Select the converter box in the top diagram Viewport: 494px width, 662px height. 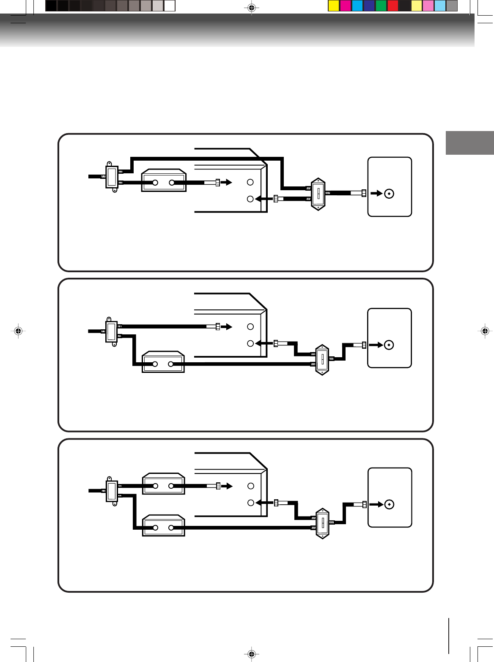click(x=164, y=181)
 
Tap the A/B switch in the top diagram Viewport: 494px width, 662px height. click(x=318, y=194)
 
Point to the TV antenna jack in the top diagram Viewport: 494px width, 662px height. click(x=389, y=194)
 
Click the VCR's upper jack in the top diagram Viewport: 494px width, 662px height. click(x=250, y=182)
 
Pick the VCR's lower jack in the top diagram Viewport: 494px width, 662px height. click(x=250, y=199)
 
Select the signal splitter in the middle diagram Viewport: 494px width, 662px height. click(x=112, y=331)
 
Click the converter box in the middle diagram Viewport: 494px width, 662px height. click(x=164, y=362)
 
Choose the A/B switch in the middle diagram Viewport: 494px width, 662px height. click(x=323, y=359)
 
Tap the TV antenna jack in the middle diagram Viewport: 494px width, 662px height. click(x=389, y=345)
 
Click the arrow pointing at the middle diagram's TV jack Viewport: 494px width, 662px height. click(x=376, y=345)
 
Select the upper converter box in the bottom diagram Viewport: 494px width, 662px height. click(x=164, y=484)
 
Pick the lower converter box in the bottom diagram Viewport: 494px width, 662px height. click(x=164, y=526)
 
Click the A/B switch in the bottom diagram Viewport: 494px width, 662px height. click(x=323, y=523)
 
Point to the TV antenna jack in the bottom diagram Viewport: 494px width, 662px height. click(x=389, y=504)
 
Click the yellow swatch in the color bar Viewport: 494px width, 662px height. click(x=334, y=6)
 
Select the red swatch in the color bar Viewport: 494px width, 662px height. click(x=393, y=6)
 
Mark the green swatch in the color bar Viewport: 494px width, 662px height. click(x=381, y=6)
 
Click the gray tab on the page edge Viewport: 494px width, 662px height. click(x=469, y=143)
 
